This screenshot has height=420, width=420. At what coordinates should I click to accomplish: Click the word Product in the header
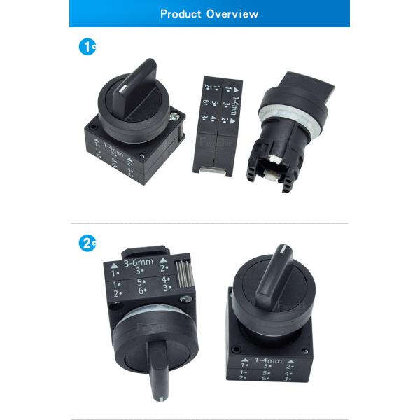(x=181, y=14)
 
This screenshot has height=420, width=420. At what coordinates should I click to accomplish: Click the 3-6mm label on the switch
(x=138, y=264)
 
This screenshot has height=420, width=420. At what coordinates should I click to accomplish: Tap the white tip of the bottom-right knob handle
(x=282, y=250)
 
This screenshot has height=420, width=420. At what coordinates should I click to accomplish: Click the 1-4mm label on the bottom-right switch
(x=269, y=361)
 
